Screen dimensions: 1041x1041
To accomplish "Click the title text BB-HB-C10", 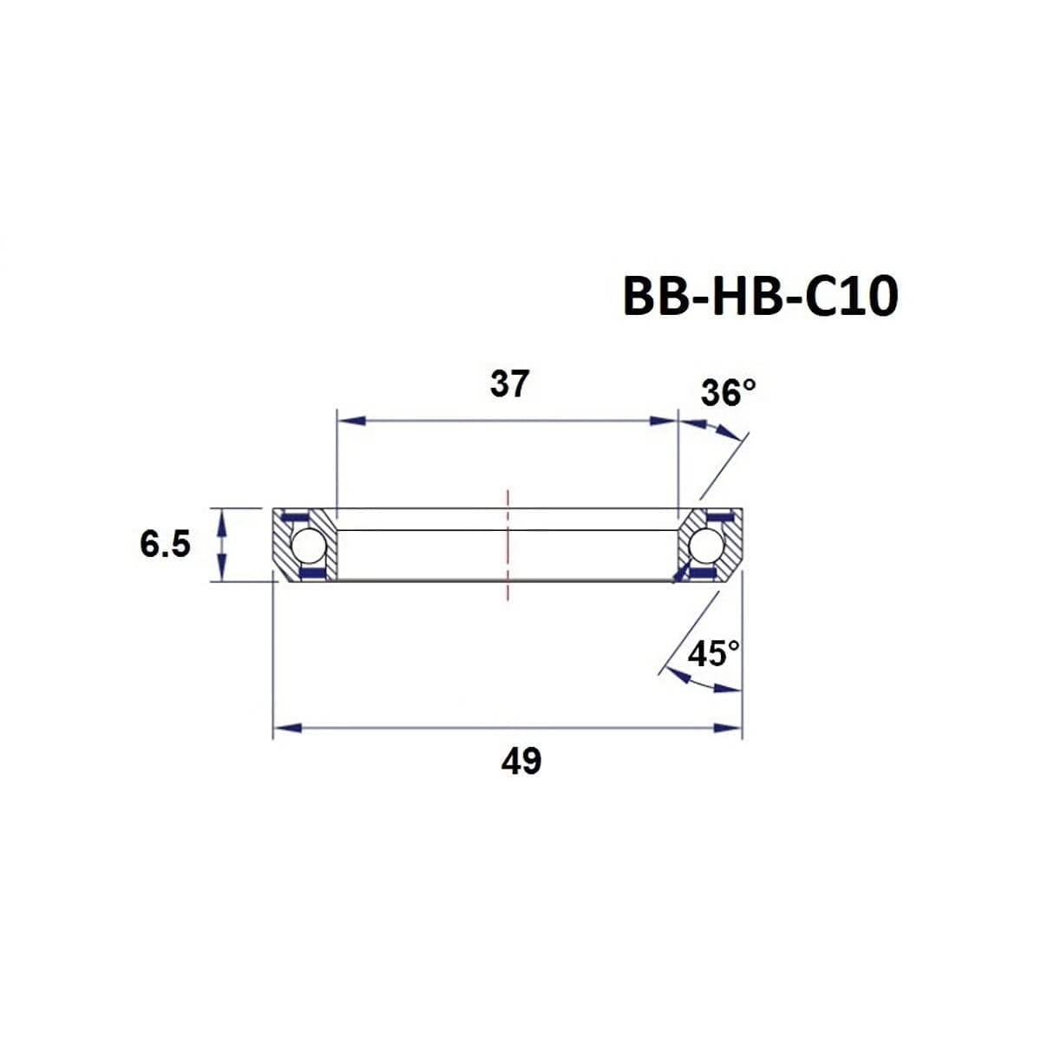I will coord(760,298).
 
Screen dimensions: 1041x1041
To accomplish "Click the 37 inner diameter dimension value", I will coord(508,383).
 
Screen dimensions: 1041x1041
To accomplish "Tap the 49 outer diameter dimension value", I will coord(520,761).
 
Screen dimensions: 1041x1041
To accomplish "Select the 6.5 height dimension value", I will coord(165,545).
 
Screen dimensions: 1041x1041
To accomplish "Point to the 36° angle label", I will coord(728,392).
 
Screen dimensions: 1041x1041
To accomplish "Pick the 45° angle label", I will coord(713,653).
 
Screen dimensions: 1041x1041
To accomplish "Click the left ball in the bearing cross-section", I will coord(308,546).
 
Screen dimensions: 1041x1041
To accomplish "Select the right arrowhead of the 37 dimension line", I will coord(664,421).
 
